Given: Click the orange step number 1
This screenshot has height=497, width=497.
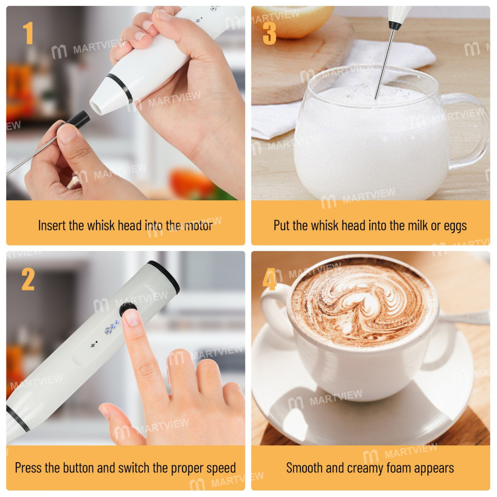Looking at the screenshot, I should [x=28, y=33].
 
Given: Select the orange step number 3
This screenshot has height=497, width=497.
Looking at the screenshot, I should [x=269, y=33].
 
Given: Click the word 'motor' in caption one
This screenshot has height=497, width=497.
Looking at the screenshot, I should [x=197, y=226].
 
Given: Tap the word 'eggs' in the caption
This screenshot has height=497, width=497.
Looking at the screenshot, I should [x=455, y=226].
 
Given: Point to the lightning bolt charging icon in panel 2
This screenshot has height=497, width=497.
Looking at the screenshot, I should [x=94, y=343].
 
